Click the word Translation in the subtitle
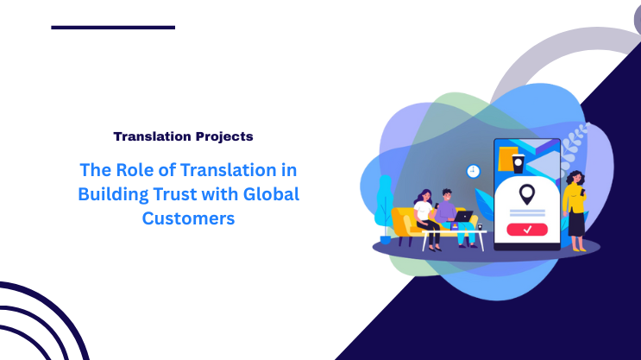pos(149,136)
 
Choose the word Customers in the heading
pos(188,219)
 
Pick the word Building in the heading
pos(107,194)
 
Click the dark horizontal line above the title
pos(113,28)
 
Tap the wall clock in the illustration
pos(473,171)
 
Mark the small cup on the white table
pos(479,226)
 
